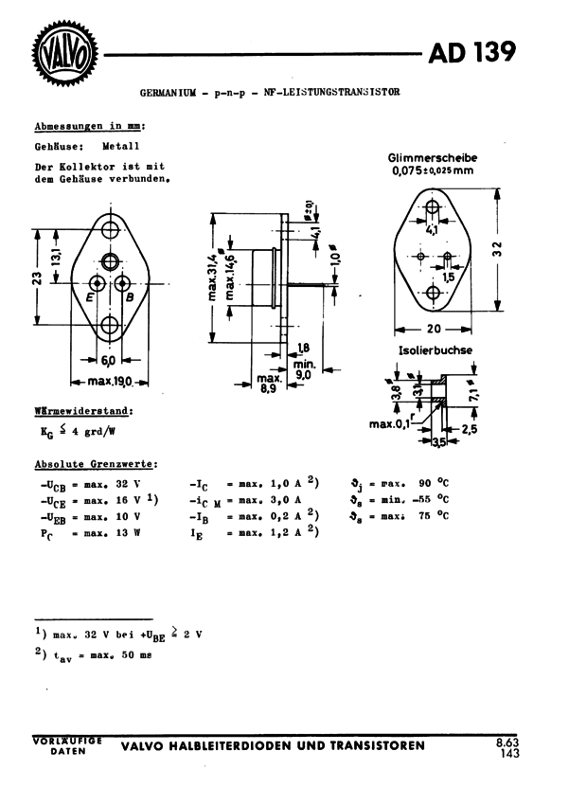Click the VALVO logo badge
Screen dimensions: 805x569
pos(65,55)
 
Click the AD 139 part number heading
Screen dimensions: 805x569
pos(472,52)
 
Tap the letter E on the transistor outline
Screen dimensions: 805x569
pos(89,297)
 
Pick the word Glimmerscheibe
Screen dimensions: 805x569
pos(433,157)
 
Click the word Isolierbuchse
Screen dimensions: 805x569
pos(436,350)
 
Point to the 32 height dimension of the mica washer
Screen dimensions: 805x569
pos(499,249)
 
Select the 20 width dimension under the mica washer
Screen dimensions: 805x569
pos(433,329)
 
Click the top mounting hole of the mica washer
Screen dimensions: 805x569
pos(433,206)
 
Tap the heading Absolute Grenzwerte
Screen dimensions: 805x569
pos(96,464)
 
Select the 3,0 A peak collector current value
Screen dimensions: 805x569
pos(285,499)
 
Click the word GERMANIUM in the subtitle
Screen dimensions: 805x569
pos(168,94)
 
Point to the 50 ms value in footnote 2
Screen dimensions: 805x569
pos(138,654)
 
